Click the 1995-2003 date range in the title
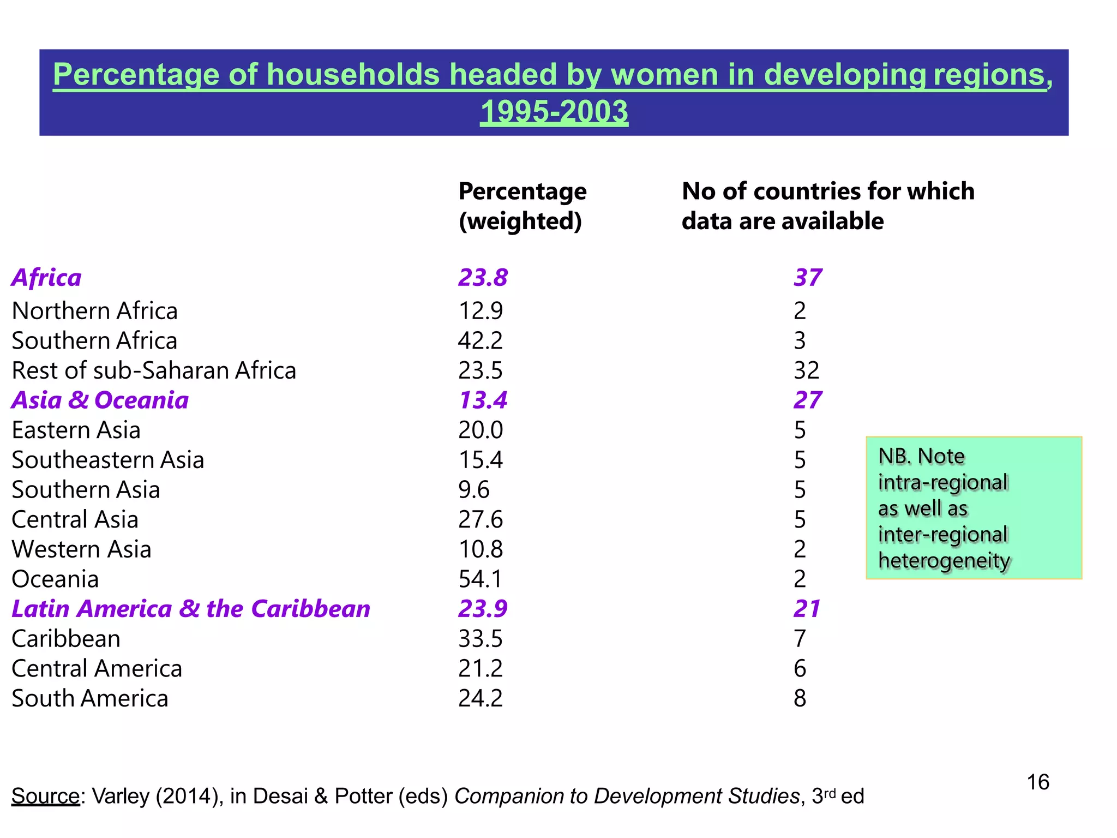pos(554,111)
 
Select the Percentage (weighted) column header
pos(522,206)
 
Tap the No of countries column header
pos(827,206)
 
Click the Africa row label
pos(47,278)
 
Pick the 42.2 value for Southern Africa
pos(480,341)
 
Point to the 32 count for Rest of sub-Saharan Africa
pos(806,370)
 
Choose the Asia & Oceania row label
pos(100,400)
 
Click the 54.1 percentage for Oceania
pos(480,579)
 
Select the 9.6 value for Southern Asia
pos(473,490)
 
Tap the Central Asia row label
pos(75,519)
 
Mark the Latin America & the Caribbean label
pos(191,609)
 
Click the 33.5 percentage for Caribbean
pos(480,639)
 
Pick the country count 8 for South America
pos(800,698)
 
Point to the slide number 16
pos(1037,782)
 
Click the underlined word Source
pos(46,797)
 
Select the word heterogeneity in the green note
pos(944,561)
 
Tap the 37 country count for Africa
pos(807,278)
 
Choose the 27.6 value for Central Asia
pos(480,519)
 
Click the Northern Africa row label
pos(95,311)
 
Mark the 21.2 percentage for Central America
pos(480,669)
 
